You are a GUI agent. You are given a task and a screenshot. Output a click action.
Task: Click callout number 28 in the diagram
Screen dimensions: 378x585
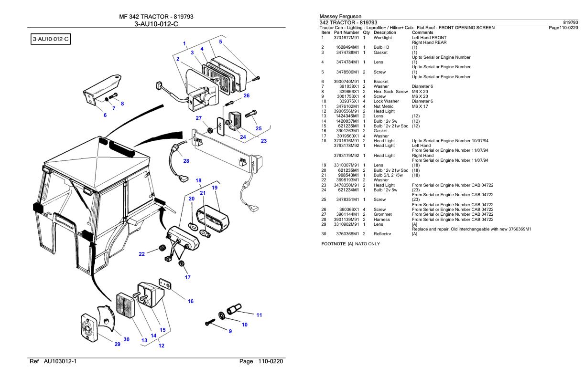point(186,161)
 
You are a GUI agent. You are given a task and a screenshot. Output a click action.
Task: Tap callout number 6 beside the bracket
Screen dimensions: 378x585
point(105,115)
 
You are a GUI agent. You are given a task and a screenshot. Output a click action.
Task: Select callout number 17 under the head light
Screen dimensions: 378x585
point(188,277)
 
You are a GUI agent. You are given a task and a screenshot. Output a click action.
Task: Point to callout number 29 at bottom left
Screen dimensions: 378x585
point(117,345)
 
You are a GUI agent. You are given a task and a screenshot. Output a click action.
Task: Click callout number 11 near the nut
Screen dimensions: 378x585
point(259,315)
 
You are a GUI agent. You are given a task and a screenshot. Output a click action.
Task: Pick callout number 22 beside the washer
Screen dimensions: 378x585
point(142,254)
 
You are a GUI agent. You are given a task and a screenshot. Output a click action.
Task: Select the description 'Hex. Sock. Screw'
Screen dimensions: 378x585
point(390,91)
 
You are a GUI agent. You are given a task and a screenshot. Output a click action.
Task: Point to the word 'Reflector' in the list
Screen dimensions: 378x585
point(382,234)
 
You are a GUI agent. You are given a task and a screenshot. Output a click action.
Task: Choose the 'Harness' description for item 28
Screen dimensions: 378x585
point(382,219)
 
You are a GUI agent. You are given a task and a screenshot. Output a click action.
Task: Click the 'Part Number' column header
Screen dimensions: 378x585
point(347,32)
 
